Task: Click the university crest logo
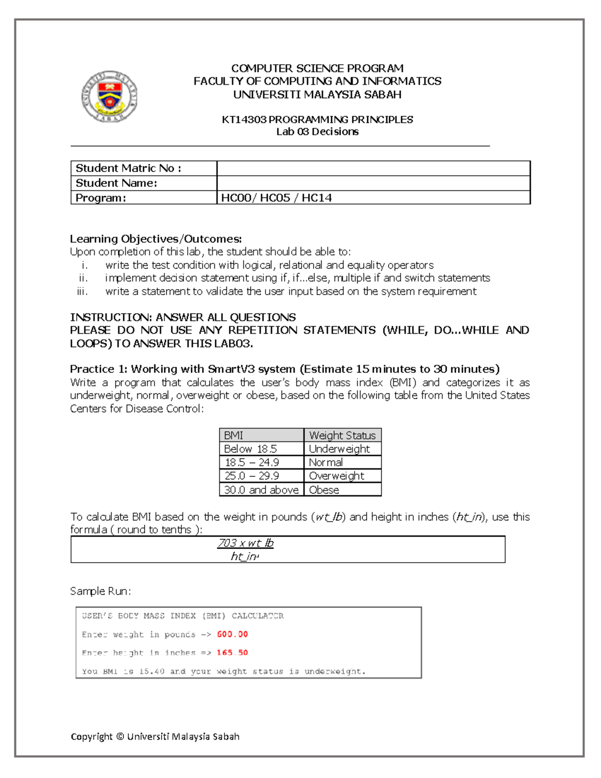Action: (109, 96)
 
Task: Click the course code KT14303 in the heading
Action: (244, 120)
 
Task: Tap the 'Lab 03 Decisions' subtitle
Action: (317, 132)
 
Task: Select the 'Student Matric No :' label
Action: (128, 168)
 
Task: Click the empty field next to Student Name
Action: (373, 183)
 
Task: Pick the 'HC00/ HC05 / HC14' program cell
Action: (276, 198)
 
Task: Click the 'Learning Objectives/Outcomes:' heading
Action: (156, 239)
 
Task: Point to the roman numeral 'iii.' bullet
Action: (83, 292)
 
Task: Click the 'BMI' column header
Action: (233, 435)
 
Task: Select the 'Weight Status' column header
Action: (342, 435)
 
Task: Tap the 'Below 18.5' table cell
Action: (250, 449)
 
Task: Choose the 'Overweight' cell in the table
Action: (336, 476)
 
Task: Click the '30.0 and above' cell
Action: (261, 490)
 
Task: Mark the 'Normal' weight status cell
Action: (326, 462)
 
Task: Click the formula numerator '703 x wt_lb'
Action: (245, 544)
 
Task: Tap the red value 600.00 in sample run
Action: (232, 634)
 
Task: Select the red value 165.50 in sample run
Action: (232, 653)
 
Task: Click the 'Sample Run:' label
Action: (100, 591)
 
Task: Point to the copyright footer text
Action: (155, 736)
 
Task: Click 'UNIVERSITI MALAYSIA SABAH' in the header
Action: (317, 95)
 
